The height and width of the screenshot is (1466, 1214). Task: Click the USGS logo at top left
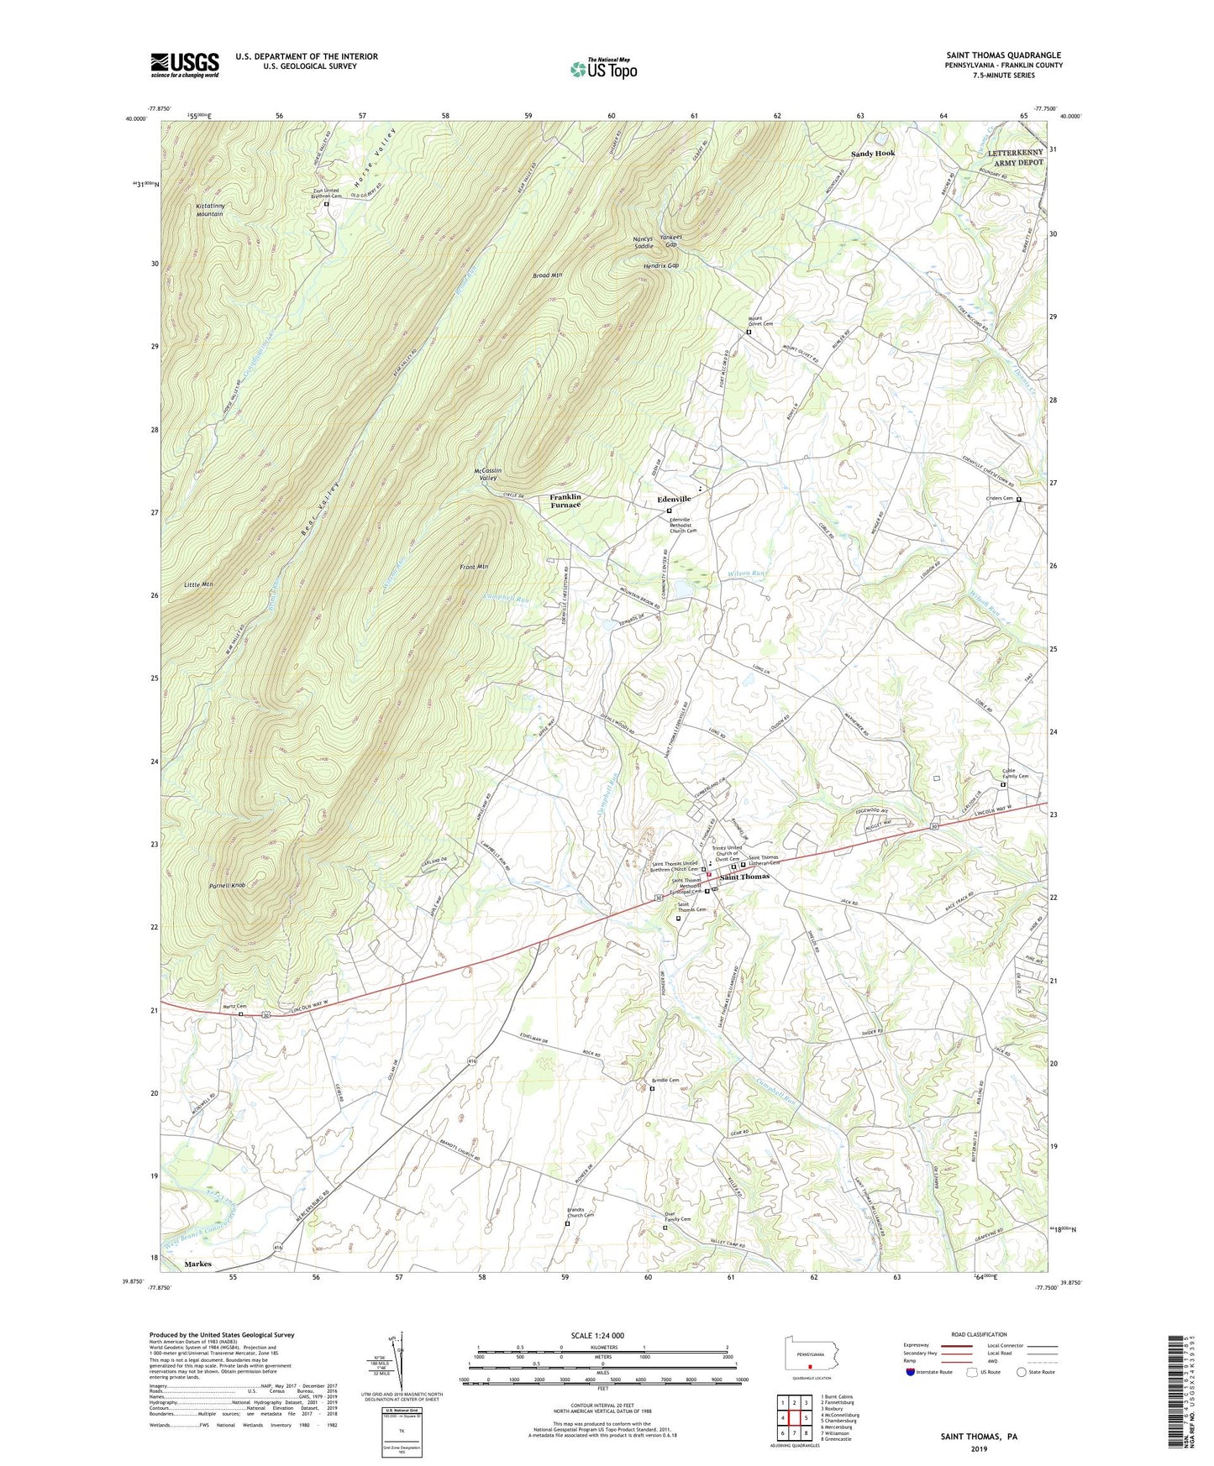pos(185,65)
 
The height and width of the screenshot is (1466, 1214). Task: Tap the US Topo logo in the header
pos(602,69)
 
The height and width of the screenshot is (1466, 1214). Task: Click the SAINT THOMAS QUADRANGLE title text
pos(1003,55)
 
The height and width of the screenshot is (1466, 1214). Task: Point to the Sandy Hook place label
pos(873,154)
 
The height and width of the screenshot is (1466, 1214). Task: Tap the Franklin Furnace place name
pos(565,501)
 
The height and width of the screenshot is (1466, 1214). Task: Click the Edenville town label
pos(674,499)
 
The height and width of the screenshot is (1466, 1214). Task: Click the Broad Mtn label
pos(547,275)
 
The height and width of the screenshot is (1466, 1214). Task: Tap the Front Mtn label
pos(475,568)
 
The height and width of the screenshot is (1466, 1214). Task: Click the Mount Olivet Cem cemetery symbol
pos(749,332)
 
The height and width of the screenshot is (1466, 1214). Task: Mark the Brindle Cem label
pos(665,1080)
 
